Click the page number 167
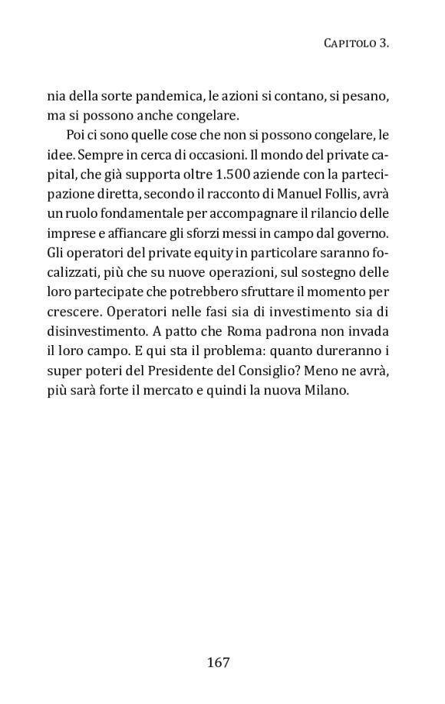(x=219, y=663)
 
